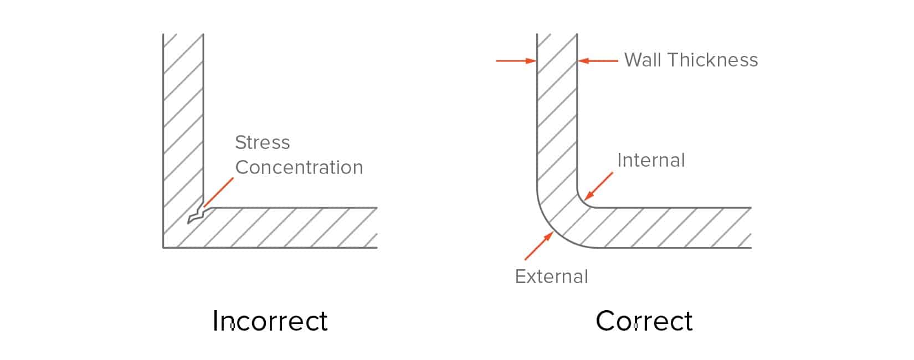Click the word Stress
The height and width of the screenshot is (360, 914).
(263, 142)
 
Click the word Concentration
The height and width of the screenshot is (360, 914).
(299, 167)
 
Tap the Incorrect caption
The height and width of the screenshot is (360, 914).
(270, 321)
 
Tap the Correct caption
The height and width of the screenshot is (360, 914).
(644, 321)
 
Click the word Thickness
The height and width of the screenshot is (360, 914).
(712, 60)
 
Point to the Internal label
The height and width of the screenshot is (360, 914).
(651, 160)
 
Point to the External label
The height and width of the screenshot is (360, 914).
(551, 277)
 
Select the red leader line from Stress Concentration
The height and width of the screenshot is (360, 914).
(218, 192)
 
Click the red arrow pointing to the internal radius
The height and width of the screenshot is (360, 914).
(599, 186)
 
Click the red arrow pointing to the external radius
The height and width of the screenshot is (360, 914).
(539, 246)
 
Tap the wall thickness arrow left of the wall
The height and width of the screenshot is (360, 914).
(517, 61)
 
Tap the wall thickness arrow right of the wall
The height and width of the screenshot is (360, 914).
(598, 61)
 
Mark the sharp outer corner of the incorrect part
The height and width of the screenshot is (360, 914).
(163, 248)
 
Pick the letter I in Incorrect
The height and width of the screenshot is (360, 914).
(214, 321)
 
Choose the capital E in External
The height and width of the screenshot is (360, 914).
(520, 277)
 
